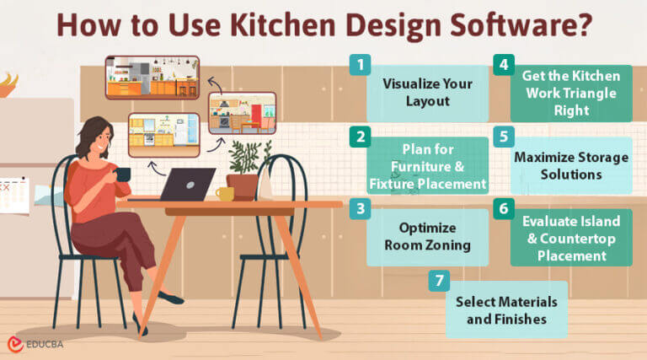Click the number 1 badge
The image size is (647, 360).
point(360,65)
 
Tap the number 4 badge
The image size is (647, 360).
point(503,65)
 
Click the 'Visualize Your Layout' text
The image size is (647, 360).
point(427,93)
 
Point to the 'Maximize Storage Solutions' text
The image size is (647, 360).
point(571,166)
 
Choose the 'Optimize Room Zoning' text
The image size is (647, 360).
point(427,238)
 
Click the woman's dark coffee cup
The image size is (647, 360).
point(124,174)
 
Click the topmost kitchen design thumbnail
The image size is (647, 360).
point(152,77)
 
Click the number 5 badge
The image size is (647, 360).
point(503,137)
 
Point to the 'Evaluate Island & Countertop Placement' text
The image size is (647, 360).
point(571,238)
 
